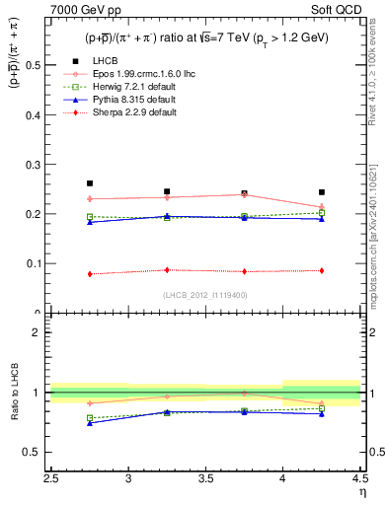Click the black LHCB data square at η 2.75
point(90,183)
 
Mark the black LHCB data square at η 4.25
point(322,192)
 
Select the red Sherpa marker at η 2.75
point(90,274)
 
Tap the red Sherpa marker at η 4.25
point(322,270)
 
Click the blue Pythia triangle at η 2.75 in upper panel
point(90,222)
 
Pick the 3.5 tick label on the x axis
point(205,478)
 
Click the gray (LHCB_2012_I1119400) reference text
point(205,294)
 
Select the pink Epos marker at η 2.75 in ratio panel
point(90,403)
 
